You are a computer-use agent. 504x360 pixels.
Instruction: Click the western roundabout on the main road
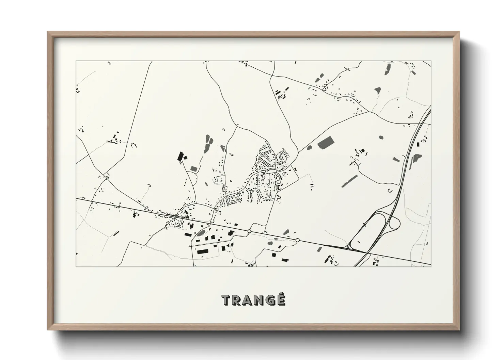pyautogui.click(x=249, y=231)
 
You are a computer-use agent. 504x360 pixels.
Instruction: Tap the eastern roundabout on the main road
pyautogui.click(x=298, y=240)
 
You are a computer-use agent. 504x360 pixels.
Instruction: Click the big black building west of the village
pyautogui.click(x=180, y=157)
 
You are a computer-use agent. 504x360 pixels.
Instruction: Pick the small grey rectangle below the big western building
pyautogui.click(x=193, y=168)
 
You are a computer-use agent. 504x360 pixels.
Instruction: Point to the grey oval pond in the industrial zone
pyautogui.click(x=201, y=233)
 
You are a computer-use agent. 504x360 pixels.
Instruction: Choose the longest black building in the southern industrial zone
pyautogui.click(x=203, y=251)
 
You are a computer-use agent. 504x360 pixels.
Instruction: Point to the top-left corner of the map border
pyautogui.click(x=76, y=61)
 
